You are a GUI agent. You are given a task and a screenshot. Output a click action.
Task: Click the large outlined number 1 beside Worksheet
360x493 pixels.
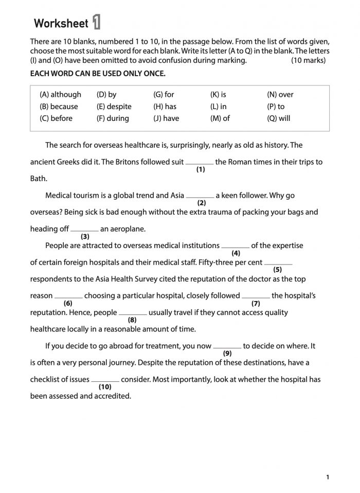tap(96, 23)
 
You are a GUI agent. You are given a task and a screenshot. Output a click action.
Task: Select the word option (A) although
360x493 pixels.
tap(60, 95)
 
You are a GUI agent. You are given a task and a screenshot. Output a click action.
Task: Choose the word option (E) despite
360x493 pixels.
tap(114, 107)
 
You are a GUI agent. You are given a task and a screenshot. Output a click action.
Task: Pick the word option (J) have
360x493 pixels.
tap(166, 118)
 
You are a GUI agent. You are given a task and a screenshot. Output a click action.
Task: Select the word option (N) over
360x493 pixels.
tap(280, 95)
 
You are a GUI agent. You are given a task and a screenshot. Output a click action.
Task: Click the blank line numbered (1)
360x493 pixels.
tap(200, 163)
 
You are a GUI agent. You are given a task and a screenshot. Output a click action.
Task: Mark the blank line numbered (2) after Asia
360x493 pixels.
tap(200, 197)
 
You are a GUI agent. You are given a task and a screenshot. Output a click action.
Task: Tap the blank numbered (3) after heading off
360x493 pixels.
tap(84, 230)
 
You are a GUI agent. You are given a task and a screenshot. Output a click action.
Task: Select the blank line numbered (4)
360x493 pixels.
tap(236, 246)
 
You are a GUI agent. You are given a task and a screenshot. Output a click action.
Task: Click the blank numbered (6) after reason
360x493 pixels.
tap(68, 297)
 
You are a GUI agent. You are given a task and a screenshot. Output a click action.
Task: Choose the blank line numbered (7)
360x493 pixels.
tap(256, 297)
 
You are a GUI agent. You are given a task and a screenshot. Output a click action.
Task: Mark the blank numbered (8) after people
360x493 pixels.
tap(133, 313)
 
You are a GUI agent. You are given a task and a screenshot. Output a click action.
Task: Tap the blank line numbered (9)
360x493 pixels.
tap(227, 347)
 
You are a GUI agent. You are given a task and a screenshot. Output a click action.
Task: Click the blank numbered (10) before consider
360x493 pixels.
tap(105, 381)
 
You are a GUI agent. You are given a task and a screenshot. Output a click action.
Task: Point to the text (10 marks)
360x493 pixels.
tap(308, 60)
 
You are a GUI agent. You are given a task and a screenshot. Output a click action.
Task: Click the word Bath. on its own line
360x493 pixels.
tap(39, 179)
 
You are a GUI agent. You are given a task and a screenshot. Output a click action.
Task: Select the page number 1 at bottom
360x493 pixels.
tap(328, 478)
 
